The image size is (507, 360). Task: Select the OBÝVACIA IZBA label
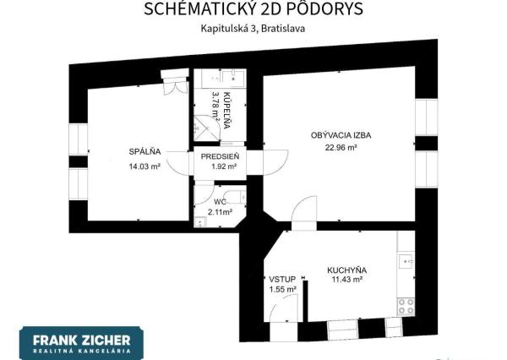pyautogui.click(x=341, y=134)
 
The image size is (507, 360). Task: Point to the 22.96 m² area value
pyautogui.click(x=341, y=147)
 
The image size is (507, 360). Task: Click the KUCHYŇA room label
pyautogui.click(x=346, y=270)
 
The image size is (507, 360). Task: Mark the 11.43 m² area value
pyautogui.click(x=346, y=280)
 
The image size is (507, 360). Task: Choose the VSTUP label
pyautogui.click(x=281, y=279)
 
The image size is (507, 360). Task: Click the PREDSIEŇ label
pyautogui.click(x=219, y=156)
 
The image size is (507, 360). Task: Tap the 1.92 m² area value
pyautogui.click(x=219, y=166)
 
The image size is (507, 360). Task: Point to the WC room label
pyautogui.click(x=220, y=203)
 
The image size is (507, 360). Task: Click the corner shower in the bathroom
pyautogui.click(x=205, y=130)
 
